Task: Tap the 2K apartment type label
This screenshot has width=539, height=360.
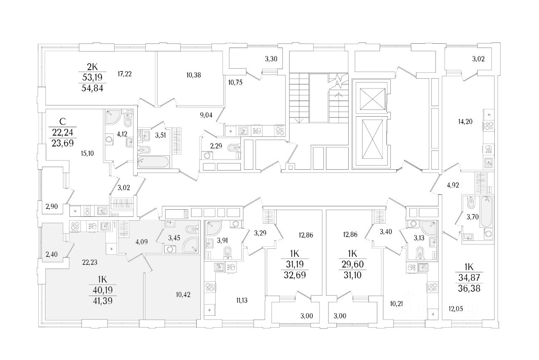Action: click(92, 66)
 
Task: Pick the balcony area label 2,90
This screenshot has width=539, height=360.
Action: click(51, 206)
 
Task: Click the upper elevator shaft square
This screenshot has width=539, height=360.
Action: click(371, 99)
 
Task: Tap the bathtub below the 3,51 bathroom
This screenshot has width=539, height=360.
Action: click(153, 162)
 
